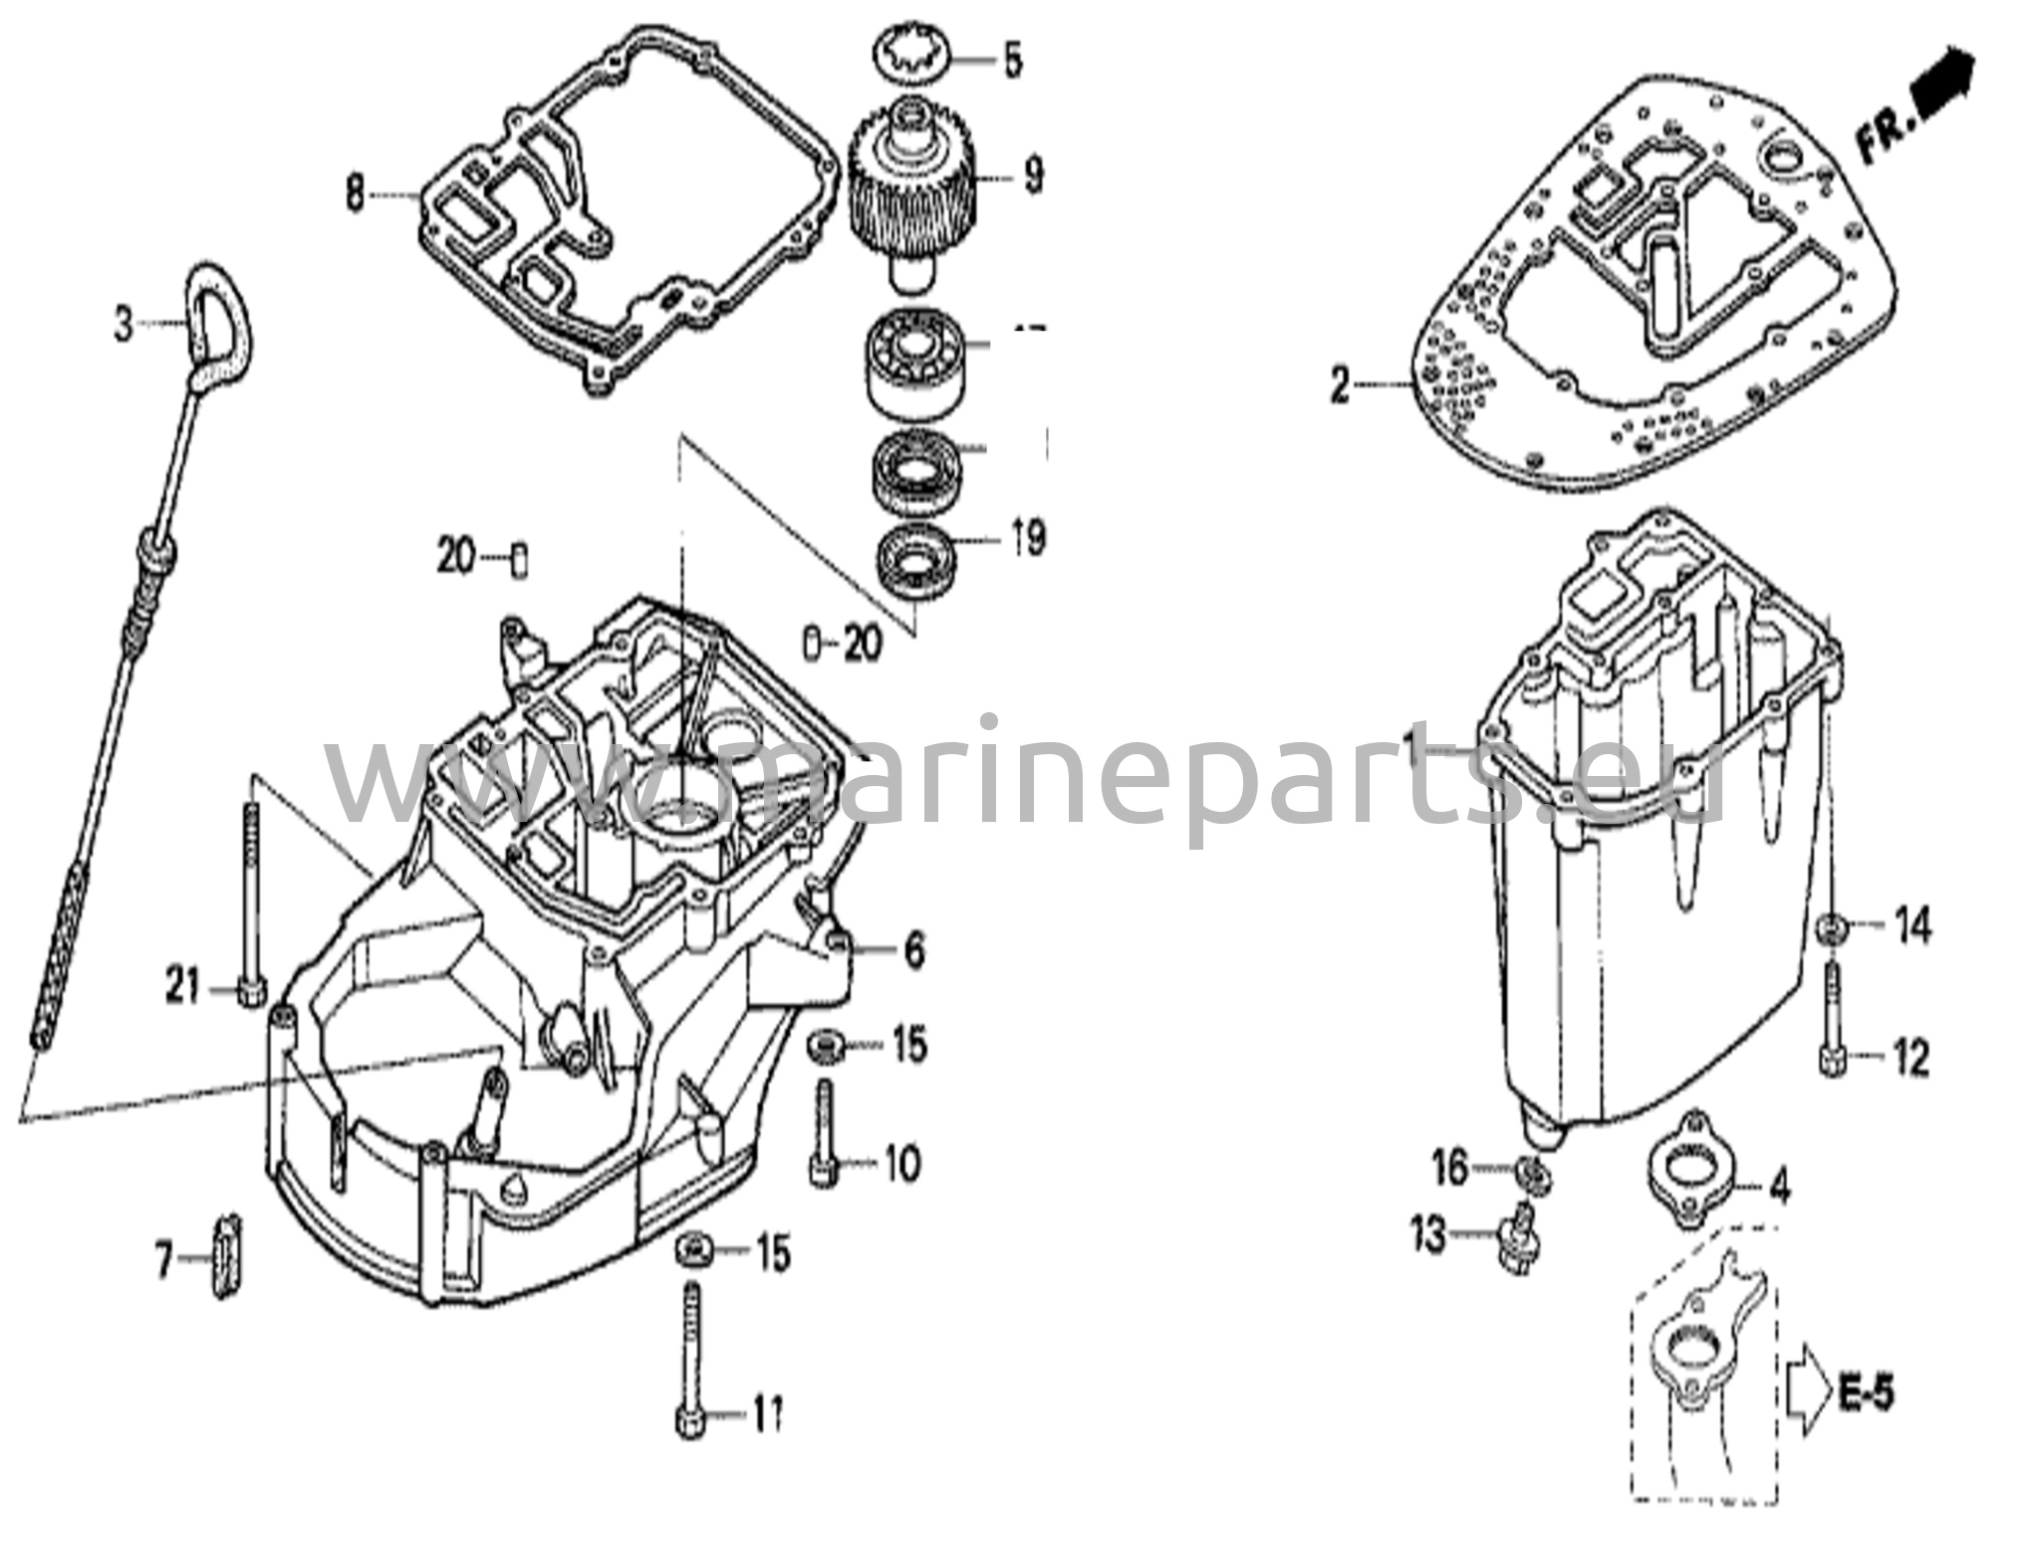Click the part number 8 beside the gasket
[355, 193]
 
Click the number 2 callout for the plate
[1340, 385]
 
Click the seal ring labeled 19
[913, 558]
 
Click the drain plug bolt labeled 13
[1518, 1238]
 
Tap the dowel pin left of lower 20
[811, 645]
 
